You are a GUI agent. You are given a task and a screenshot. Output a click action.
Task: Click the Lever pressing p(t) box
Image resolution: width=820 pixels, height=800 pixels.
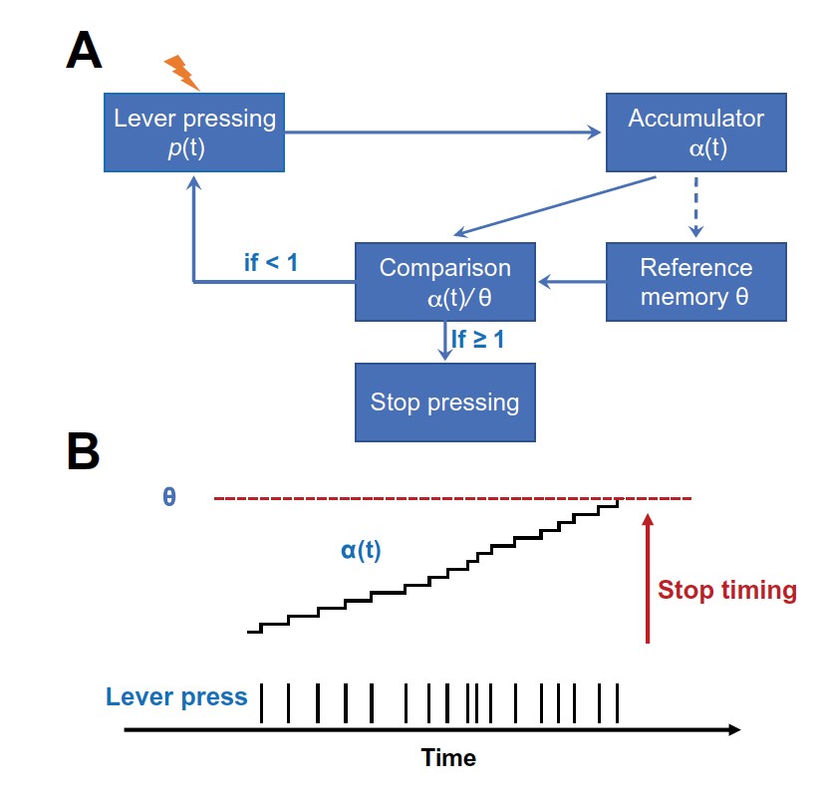pyautogui.click(x=194, y=133)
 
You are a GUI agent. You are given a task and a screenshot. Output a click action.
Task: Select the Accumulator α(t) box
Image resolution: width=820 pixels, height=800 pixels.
pyautogui.click(x=695, y=133)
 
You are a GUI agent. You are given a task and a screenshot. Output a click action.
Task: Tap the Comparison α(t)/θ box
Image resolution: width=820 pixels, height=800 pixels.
pyautogui.click(x=445, y=282)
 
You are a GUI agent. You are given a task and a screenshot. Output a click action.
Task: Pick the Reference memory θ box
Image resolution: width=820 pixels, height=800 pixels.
pyautogui.click(x=695, y=282)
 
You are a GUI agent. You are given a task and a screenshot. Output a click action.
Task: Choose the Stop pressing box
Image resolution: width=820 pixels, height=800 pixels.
pyautogui.click(x=445, y=402)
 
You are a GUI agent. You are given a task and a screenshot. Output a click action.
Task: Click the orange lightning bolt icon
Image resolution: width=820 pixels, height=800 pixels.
pyautogui.click(x=181, y=71)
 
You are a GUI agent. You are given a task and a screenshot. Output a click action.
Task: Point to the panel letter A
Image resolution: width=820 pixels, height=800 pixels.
pyautogui.click(x=84, y=50)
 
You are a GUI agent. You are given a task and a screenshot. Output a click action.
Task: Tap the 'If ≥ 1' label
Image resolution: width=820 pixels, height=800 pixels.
pyautogui.click(x=478, y=340)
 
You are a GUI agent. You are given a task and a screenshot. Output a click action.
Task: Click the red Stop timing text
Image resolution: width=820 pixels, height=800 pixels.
pyautogui.click(x=727, y=590)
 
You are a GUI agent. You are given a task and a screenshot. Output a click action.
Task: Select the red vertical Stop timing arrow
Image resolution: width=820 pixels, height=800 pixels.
pyautogui.click(x=648, y=578)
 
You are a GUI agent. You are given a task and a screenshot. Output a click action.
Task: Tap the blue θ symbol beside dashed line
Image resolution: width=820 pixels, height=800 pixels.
pyautogui.click(x=169, y=496)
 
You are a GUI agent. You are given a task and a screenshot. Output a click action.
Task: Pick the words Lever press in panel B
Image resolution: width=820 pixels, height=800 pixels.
pyautogui.click(x=174, y=697)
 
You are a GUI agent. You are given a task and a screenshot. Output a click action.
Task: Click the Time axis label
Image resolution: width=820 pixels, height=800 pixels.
pyautogui.click(x=448, y=758)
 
